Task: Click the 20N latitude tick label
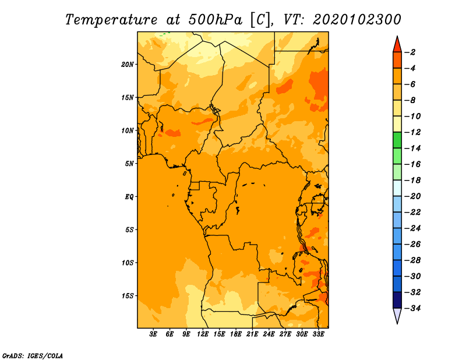pos(127,65)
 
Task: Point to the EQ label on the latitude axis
pos(129,197)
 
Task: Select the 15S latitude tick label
pos(128,296)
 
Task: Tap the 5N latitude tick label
pos(129,164)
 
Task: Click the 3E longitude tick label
pos(153,334)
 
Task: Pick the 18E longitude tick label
pos(236,334)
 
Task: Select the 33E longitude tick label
pos(318,334)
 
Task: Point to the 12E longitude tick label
pos(203,334)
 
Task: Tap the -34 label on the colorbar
pos(412,308)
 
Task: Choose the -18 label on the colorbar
pos(412,181)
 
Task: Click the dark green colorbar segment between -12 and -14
pos(397,140)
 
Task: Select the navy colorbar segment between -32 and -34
pos(397,300)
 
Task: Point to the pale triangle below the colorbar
pos(397,315)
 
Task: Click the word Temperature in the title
pos(111,20)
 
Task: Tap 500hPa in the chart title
pos(215,20)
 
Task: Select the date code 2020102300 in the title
pos(357,20)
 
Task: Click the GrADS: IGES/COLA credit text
pos(33,355)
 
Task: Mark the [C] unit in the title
pos(260,20)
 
